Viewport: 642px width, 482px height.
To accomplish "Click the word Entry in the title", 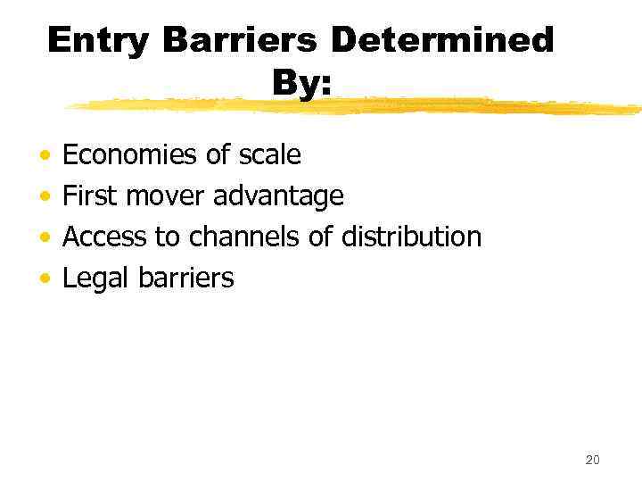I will point(96,40).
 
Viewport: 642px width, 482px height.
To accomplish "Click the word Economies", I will point(130,155).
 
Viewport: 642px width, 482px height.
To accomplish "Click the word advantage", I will point(279,196).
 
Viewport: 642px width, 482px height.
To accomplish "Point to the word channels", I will point(240,237).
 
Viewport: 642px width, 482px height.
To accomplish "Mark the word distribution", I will point(412,237).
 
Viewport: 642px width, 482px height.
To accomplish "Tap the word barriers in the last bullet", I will point(186,278).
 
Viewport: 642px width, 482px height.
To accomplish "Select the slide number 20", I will point(592,460).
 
